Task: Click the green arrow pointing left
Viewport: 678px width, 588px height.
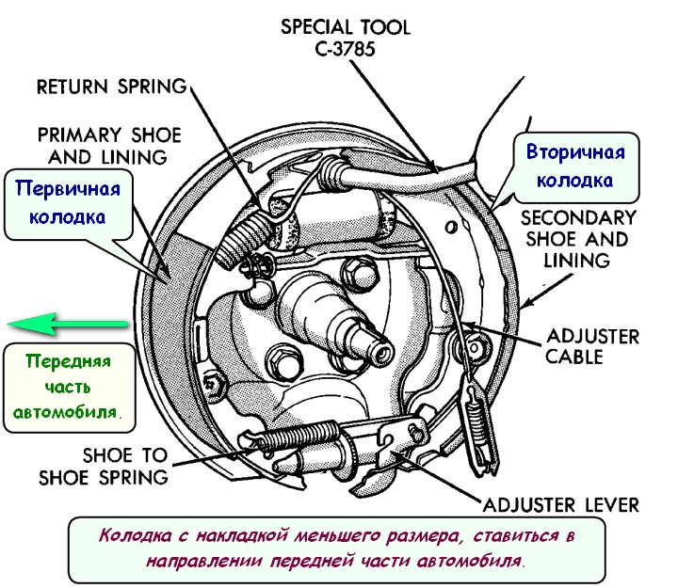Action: click(x=68, y=324)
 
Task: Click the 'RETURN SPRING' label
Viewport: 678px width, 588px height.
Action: click(x=111, y=87)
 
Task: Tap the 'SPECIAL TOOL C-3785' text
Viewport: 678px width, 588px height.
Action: click(x=346, y=38)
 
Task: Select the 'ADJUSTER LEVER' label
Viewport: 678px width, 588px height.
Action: click(x=561, y=505)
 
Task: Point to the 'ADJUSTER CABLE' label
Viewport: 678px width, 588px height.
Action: click(x=592, y=347)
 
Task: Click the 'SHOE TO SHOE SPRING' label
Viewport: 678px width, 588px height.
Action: click(x=104, y=467)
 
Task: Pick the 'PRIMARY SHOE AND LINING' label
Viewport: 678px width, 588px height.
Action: click(x=109, y=146)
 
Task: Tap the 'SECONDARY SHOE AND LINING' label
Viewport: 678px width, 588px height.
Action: click(x=578, y=239)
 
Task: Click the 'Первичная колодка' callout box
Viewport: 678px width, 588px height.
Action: click(x=69, y=204)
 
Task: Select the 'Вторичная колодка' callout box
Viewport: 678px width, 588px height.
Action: click(x=576, y=167)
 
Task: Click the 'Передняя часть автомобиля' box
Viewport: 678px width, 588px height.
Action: click(x=69, y=388)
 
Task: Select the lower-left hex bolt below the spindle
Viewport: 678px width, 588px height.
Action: click(x=282, y=363)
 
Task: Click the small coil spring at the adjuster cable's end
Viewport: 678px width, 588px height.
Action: click(x=477, y=418)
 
